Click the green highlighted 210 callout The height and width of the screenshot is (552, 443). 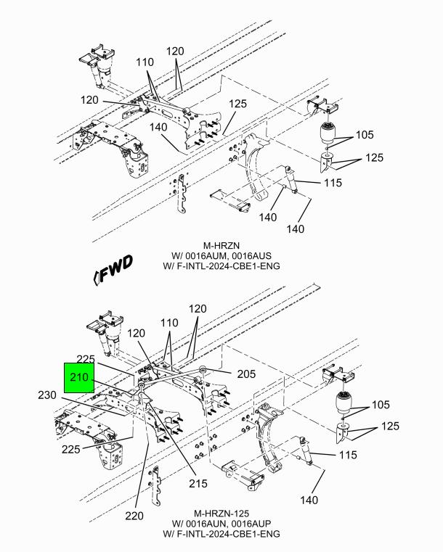79,378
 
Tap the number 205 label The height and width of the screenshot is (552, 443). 246,374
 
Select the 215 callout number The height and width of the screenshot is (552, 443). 198,483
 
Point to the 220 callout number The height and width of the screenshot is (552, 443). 134,516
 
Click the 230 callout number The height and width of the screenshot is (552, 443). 47,395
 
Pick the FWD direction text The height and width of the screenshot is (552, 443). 113,269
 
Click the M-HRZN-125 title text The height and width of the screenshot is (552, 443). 221,514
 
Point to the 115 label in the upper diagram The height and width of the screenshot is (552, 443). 333,183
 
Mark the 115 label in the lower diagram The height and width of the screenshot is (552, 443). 348,455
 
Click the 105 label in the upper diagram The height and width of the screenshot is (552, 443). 365,135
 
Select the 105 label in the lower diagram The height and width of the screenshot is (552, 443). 381,405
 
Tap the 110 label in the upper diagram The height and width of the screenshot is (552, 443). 145,62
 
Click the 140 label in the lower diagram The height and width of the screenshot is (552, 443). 309,500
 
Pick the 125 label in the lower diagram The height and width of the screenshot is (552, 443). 390,427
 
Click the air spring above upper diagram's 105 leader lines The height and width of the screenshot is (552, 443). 328,133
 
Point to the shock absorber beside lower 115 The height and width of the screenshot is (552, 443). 306,450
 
